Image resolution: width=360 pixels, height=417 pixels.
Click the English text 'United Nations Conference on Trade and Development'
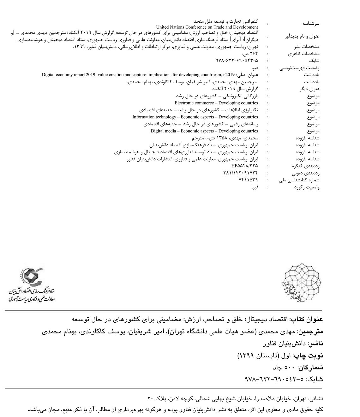click(x=207, y=27)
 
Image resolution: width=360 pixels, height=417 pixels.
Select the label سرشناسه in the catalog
click(x=311, y=23)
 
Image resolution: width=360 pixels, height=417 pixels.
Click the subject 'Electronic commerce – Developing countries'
click(x=216, y=103)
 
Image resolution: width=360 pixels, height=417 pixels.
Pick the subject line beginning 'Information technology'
click(x=195, y=117)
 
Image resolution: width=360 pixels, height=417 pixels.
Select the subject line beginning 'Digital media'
click(x=204, y=131)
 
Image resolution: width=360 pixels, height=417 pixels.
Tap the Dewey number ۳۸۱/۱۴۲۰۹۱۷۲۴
click(x=241, y=173)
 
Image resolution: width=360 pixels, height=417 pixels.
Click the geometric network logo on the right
click(x=300, y=284)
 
